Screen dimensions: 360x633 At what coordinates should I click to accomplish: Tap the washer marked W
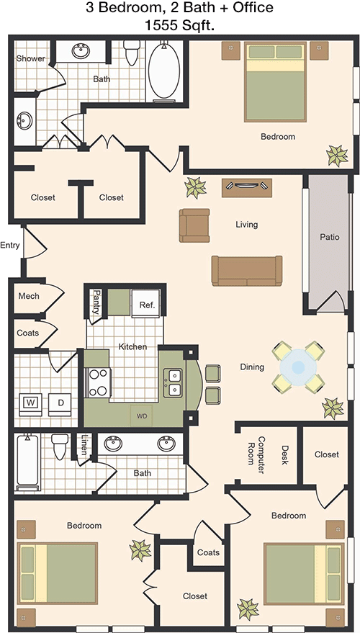pos(30,404)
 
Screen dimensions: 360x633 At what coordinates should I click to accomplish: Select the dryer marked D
pos(60,404)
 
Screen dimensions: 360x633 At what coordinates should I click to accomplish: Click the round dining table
pos(298,367)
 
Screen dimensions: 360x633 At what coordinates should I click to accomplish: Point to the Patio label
pos(330,237)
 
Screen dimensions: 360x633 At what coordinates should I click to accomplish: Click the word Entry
pos(9,246)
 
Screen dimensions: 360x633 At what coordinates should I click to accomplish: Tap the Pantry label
pos(96,302)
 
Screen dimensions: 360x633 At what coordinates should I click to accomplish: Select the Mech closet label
pos(29,296)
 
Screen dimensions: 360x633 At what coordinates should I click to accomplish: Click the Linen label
pos(84,444)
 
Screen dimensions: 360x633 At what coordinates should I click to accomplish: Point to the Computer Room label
pos(256,451)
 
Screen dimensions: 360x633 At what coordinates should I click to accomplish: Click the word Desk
pos(285,455)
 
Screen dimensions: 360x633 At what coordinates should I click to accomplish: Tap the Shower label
pos(31,58)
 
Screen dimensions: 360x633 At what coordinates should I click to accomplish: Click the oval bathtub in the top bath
pos(164,71)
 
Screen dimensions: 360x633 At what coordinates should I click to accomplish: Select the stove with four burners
pos(99,382)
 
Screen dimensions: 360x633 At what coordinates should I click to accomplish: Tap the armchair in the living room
pos(194,225)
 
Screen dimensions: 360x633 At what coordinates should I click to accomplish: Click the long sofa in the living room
pos(247,271)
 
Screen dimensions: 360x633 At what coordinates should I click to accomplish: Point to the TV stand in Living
pos(246,188)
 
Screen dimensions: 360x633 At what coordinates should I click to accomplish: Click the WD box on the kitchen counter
pos(141,416)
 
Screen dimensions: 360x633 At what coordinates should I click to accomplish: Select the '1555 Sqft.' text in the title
pos(179,26)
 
